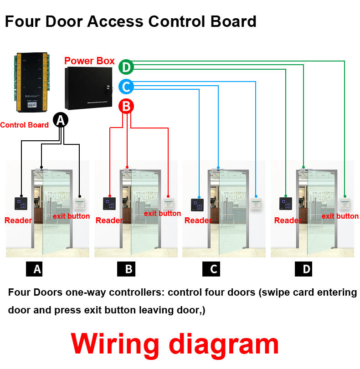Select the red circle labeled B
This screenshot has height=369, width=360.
(x=126, y=107)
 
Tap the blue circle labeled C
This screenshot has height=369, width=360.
(x=126, y=87)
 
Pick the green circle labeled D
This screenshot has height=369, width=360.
(x=126, y=67)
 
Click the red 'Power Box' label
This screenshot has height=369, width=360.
(x=89, y=61)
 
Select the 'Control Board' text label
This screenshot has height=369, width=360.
(x=24, y=125)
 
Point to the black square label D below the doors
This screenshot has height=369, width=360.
(x=306, y=269)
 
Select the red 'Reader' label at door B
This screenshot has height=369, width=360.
(x=109, y=220)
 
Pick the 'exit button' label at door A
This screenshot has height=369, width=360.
(x=71, y=216)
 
